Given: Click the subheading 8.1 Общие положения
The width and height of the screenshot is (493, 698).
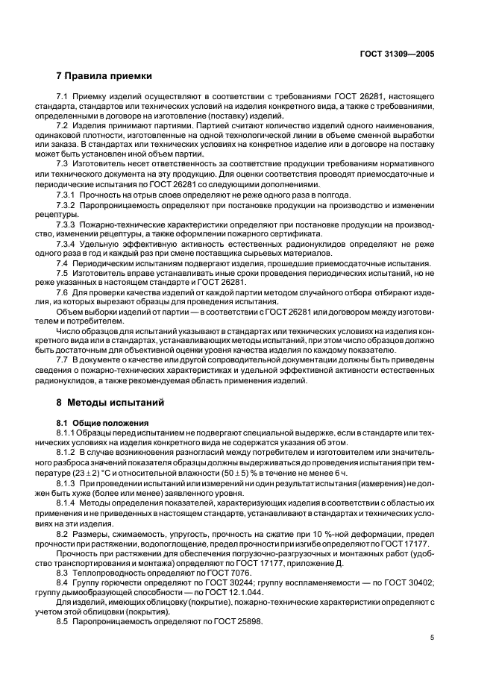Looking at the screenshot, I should click(98, 423).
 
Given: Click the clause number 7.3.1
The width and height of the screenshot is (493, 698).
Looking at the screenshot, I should click(66, 195).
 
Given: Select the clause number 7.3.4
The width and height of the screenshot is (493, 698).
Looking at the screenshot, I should click(66, 243).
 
